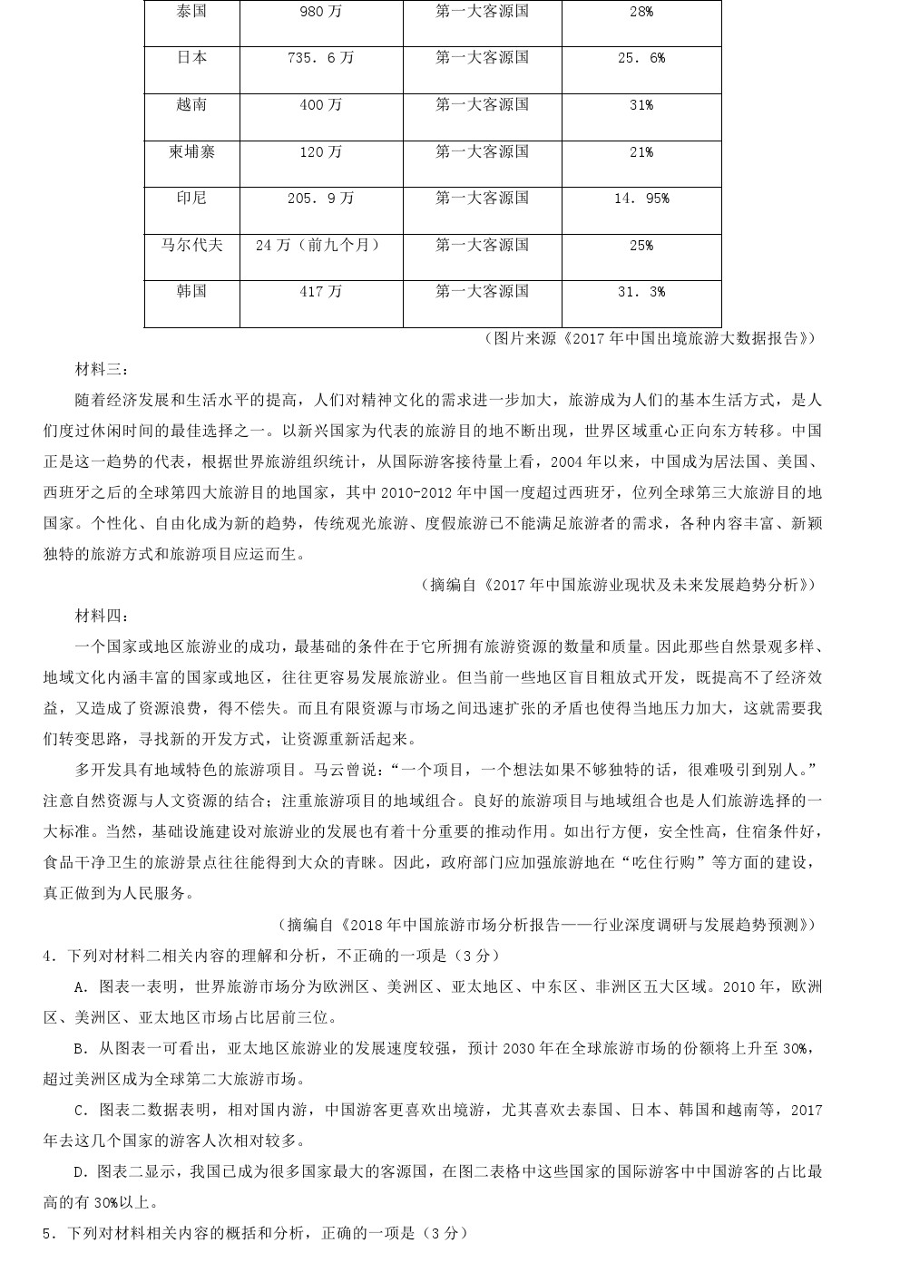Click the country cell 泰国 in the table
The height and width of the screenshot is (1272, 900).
pyautogui.click(x=191, y=12)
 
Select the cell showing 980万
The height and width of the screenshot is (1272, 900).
pyautogui.click(x=321, y=12)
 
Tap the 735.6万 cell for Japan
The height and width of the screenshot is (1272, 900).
pyautogui.click(x=321, y=58)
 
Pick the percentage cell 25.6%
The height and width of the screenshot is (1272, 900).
pyautogui.click(x=641, y=58)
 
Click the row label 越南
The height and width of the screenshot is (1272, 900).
pyautogui.click(x=191, y=105)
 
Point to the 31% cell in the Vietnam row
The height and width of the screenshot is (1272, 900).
pyautogui.click(x=641, y=105)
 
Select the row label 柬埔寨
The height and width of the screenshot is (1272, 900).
pyautogui.click(x=191, y=152)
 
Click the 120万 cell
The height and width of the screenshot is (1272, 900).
pyautogui.click(x=321, y=152)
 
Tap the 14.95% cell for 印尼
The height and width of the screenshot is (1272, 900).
pyautogui.click(x=641, y=199)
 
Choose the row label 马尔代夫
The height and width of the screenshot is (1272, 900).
pyautogui.click(x=191, y=245)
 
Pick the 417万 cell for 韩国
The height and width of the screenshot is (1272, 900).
pyautogui.click(x=321, y=292)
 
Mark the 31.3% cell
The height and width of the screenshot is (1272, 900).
pyautogui.click(x=641, y=292)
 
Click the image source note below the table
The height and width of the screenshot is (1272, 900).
pyautogui.click(x=649, y=338)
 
